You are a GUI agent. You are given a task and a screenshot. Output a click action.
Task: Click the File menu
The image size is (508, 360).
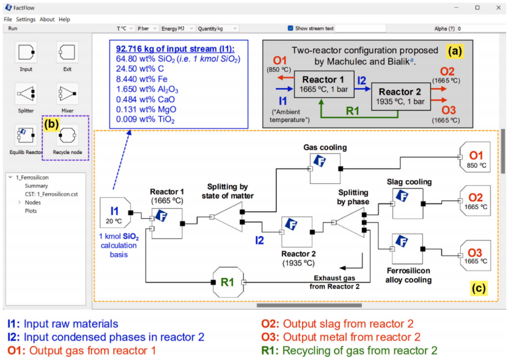[8, 20]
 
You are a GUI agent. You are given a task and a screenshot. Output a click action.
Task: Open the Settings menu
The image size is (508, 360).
[26, 20]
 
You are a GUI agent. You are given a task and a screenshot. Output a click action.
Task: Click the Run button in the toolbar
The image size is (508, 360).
[13, 29]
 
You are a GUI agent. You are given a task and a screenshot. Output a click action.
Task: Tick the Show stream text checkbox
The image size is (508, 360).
[290, 28]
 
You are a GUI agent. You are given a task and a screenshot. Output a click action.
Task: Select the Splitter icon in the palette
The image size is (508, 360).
[26, 94]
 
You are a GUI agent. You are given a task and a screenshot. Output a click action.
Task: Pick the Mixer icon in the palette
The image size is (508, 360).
[67, 94]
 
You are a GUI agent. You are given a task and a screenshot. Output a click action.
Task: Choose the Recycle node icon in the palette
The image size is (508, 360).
[67, 135]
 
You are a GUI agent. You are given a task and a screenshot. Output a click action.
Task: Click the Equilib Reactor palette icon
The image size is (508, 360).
[26, 135]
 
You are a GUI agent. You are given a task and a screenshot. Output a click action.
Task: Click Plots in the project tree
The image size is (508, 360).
[31, 211]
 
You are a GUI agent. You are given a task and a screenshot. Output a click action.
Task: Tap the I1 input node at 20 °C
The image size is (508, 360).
[116, 213]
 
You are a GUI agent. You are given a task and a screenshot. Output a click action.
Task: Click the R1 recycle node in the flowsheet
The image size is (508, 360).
[228, 282]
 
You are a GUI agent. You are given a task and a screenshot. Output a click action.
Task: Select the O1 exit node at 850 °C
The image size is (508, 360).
[475, 157]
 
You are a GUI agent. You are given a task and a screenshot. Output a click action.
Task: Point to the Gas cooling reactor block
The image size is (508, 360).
[325, 169]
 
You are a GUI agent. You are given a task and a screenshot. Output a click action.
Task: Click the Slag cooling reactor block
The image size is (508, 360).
[408, 204]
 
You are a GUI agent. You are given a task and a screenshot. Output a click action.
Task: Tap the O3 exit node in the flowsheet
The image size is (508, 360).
[475, 255]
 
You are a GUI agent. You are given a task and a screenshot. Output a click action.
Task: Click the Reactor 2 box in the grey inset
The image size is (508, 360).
[400, 97]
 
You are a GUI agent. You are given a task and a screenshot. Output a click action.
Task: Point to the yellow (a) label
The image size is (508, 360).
[455, 51]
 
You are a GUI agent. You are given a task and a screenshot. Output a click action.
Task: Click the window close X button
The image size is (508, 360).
[499, 7]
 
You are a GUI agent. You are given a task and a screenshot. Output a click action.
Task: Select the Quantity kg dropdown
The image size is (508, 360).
[218, 29]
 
